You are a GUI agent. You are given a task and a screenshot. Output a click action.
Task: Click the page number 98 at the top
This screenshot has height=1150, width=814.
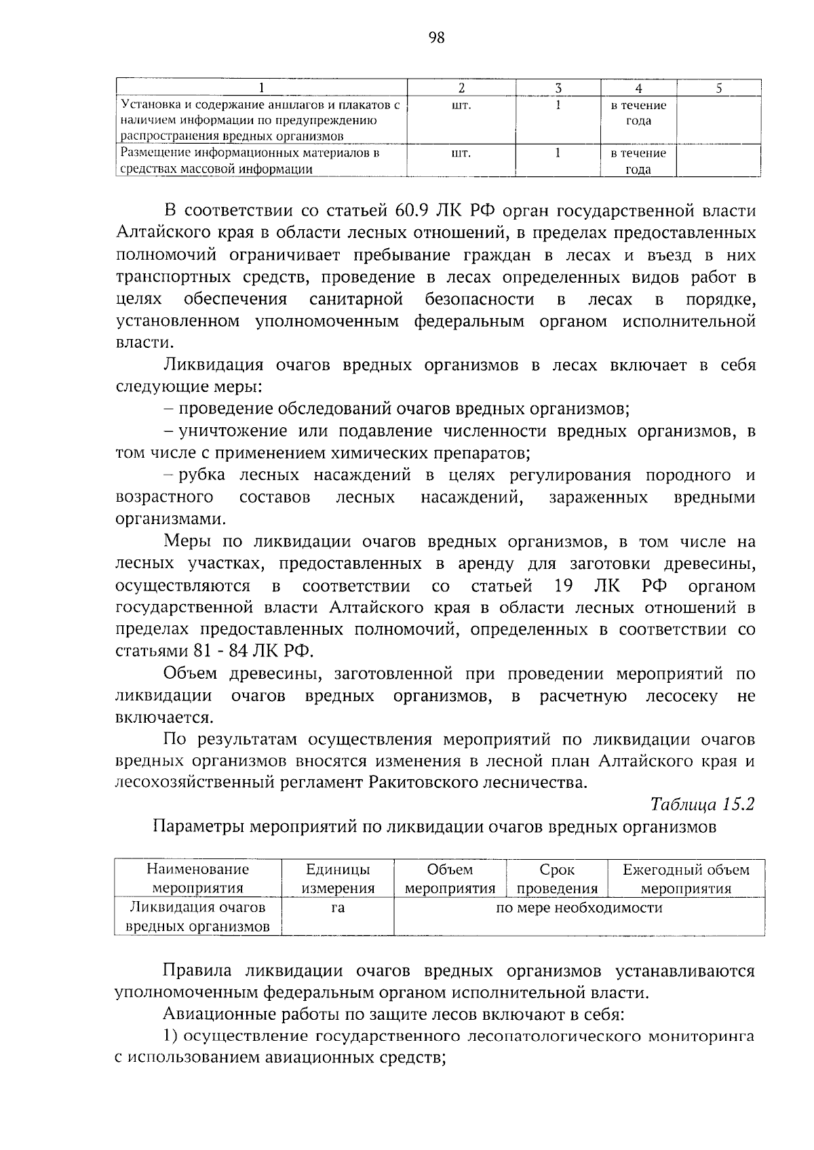437,39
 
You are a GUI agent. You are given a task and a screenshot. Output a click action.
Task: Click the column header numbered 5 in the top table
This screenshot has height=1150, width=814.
719,87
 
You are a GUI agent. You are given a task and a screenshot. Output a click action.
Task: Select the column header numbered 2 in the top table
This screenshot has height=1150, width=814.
461,87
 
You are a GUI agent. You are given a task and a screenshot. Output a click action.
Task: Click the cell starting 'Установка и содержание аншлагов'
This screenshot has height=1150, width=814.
260,120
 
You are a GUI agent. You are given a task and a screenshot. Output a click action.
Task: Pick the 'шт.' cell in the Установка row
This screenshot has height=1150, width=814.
461,106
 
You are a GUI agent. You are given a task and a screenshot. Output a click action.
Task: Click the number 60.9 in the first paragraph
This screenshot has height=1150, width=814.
414,211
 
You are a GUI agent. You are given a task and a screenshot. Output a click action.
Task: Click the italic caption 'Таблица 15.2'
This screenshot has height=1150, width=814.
702,805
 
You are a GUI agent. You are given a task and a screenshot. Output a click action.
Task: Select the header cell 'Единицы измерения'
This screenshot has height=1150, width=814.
338,879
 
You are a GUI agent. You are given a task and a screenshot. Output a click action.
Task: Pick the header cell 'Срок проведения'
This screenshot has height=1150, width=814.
557,879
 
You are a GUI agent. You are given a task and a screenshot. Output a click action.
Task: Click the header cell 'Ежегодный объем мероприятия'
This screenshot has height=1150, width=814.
686,879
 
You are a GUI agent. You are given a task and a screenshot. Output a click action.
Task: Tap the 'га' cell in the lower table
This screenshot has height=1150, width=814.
338,908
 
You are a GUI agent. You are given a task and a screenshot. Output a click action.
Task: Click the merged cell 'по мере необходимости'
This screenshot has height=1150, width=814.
579,908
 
